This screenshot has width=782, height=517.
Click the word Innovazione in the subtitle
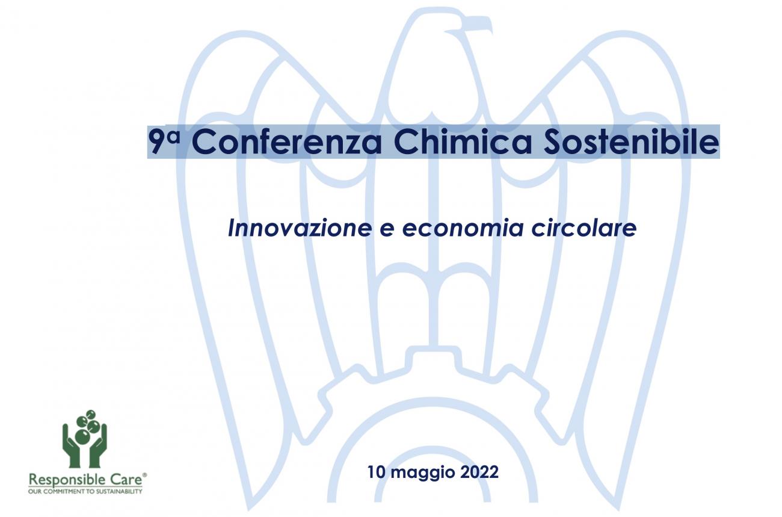click(x=300, y=229)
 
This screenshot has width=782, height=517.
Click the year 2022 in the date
click(x=479, y=472)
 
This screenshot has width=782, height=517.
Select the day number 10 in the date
click(x=378, y=472)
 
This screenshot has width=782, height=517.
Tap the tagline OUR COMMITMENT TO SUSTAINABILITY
click(x=85, y=491)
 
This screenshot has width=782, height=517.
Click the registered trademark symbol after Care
click(x=144, y=475)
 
